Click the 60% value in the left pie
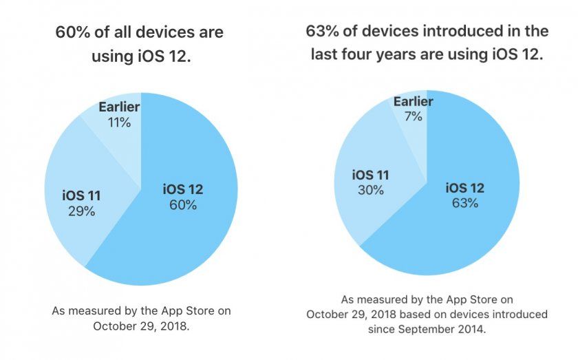(x=183, y=205)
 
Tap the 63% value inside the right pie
(x=466, y=204)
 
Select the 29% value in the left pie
(x=81, y=212)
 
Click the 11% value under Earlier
(x=118, y=123)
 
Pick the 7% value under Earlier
(x=413, y=118)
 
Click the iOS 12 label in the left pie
(x=183, y=189)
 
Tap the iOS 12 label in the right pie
(x=466, y=188)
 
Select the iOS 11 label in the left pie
(x=81, y=196)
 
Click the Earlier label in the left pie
(x=119, y=107)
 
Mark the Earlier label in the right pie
(x=413, y=102)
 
